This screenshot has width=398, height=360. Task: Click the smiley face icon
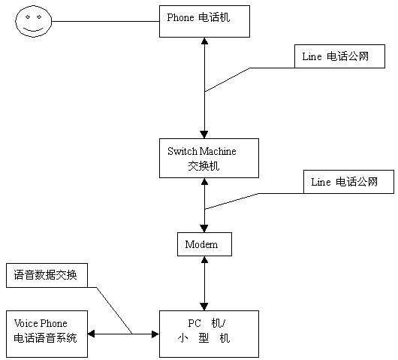(x=34, y=21)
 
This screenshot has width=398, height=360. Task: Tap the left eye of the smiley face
(x=28, y=17)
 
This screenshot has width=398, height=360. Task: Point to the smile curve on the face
(x=33, y=29)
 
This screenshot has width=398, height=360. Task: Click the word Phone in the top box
(x=180, y=17)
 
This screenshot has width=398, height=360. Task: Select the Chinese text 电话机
(x=214, y=17)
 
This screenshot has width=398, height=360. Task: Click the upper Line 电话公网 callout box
(x=339, y=56)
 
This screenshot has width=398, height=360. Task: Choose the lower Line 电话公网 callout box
(x=348, y=182)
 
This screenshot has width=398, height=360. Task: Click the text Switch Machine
(x=202, y=151)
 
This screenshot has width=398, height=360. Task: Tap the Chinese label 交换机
(x=204, y=166)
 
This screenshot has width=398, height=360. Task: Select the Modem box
(x=204, y=244)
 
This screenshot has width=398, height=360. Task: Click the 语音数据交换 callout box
(x=47, y=275)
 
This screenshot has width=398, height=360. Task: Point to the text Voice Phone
(x=41, y=323)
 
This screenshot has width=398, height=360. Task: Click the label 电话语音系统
(x=45, y=338)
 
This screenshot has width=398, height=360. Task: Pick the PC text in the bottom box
(x=194, y=323)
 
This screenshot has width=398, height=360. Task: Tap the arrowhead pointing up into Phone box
(x=204, y=41)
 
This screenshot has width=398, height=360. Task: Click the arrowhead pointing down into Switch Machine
(x=204, y=135)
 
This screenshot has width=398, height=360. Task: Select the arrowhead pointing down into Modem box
(x=204, y=228)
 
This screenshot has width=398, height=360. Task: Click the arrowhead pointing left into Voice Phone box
(x=91, y=334)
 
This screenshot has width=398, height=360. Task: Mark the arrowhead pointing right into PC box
(x=155, y=334)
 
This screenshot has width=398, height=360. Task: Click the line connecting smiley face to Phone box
(x=105, y=21)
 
